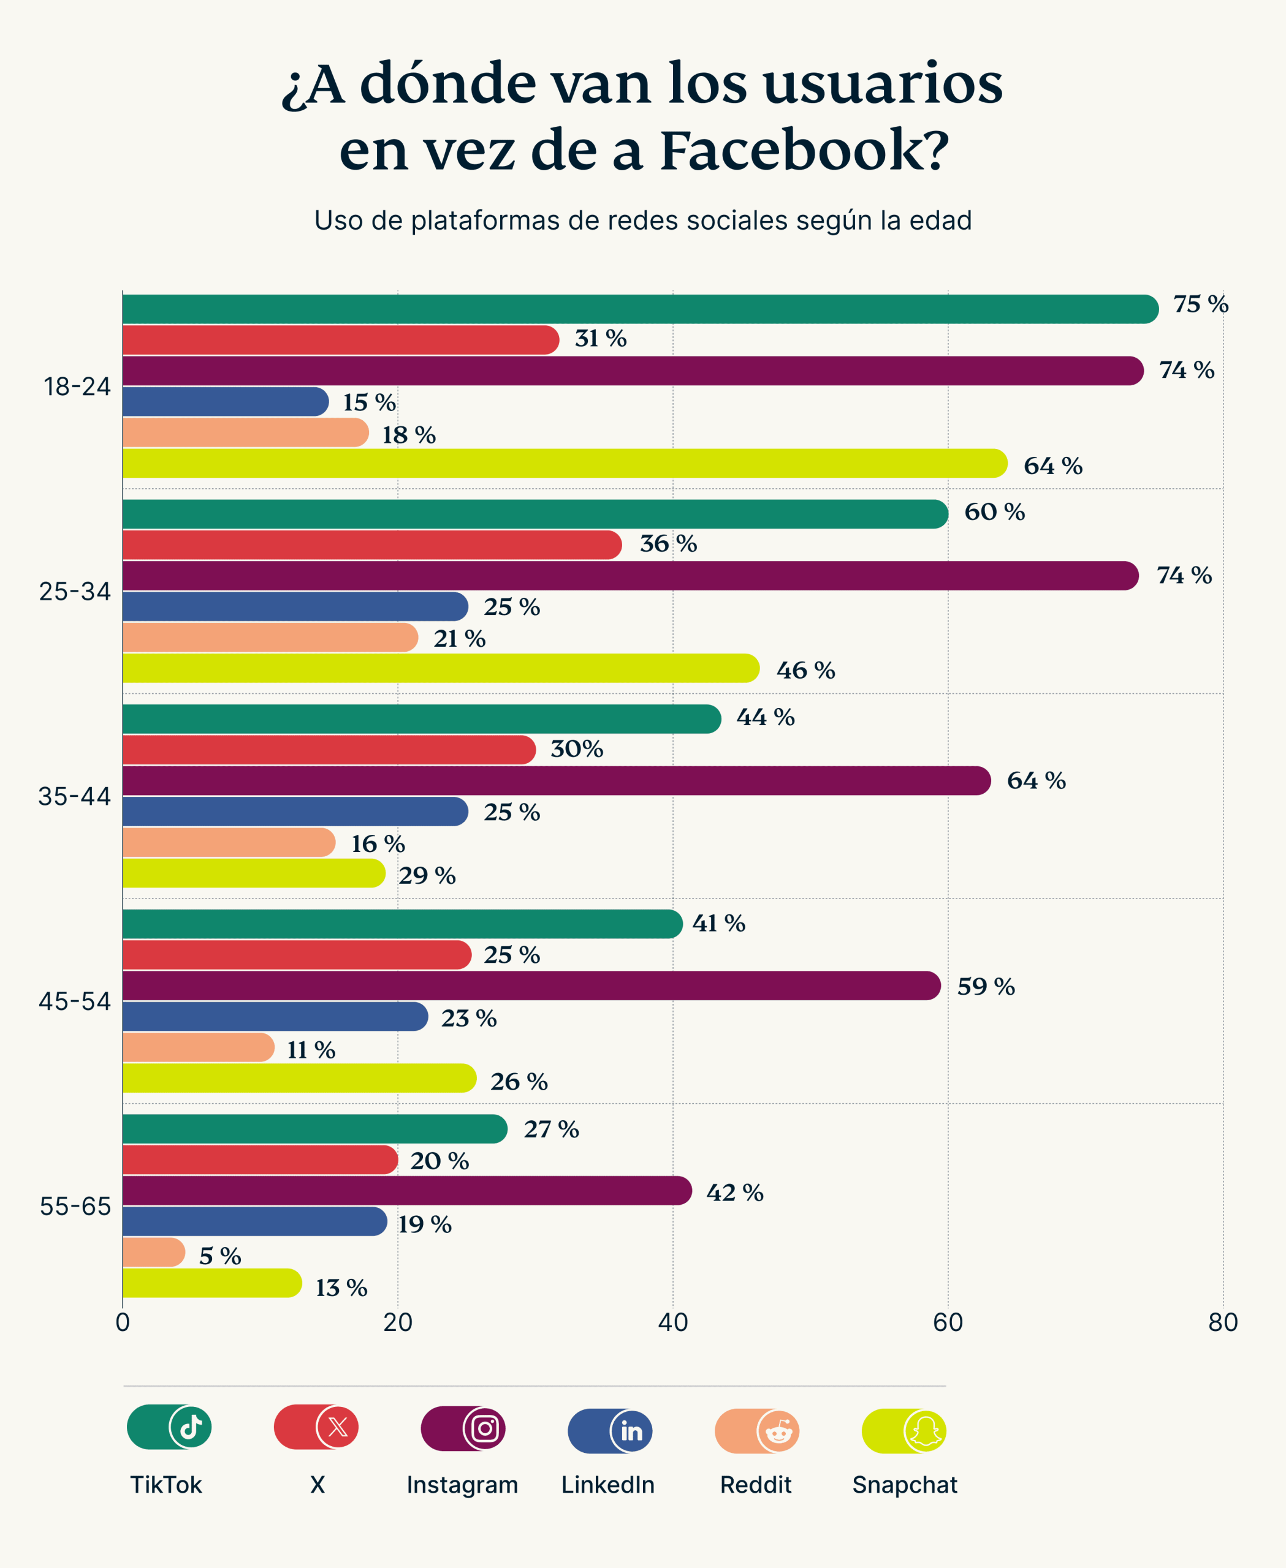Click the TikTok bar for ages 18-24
coord(637,309)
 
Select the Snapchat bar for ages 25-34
coord(441,668)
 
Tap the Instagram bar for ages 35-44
coord(555,780)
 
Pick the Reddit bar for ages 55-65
coord(153,1252)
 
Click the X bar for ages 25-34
coord(370,545)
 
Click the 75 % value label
coord(1200,304)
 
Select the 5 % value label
coord(220,1256)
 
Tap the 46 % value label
coord(805,671)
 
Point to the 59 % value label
coord(985,987)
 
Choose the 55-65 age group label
coord(75,1207)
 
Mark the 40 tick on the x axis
coord(672,1322)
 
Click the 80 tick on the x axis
coord(1222,1322)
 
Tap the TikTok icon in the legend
coord(191,1427)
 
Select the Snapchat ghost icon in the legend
coord(925,1431)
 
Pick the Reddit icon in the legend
coord(778,1431)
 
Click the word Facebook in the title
coord(804,150)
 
